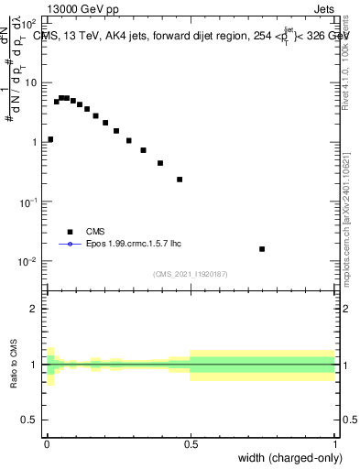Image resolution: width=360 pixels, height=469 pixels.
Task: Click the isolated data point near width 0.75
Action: (262, 249)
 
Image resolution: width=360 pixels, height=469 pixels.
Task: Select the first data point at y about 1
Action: (50, 140)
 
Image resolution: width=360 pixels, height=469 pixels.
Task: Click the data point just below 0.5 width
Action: (180, 180)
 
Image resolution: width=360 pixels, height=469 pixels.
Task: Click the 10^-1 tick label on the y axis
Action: (27, 201)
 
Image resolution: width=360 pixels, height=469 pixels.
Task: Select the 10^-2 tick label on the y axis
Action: (27, 261)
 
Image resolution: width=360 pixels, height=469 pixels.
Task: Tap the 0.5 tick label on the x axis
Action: (191, 444)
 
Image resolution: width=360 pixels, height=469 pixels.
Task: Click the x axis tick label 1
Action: (335, 444)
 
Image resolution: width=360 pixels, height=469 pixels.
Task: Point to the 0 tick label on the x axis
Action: (47, 444)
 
